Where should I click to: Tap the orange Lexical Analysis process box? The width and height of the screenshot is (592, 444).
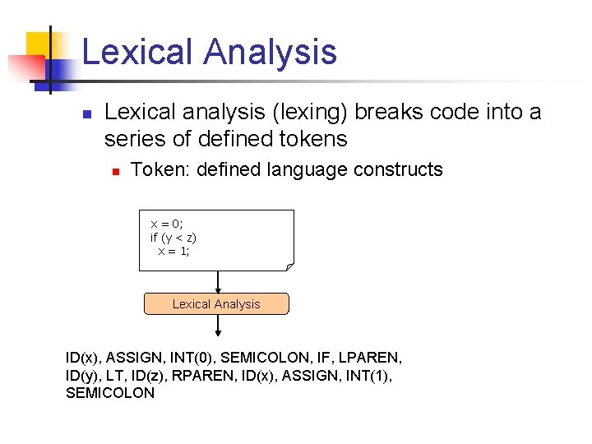point(216,304)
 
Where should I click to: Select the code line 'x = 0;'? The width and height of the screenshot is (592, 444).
point(167,224)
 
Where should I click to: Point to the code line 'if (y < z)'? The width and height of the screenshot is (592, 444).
point(173,238)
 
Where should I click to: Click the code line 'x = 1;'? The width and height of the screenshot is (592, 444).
point(173,252)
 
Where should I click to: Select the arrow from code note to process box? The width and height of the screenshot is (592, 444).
point(218,282)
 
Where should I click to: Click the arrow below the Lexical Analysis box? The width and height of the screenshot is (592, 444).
point(218,326)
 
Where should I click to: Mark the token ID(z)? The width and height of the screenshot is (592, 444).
point(150,376)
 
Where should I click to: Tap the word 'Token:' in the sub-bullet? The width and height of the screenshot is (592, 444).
point(156,170)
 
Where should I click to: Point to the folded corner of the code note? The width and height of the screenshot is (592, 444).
point(289,266)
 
